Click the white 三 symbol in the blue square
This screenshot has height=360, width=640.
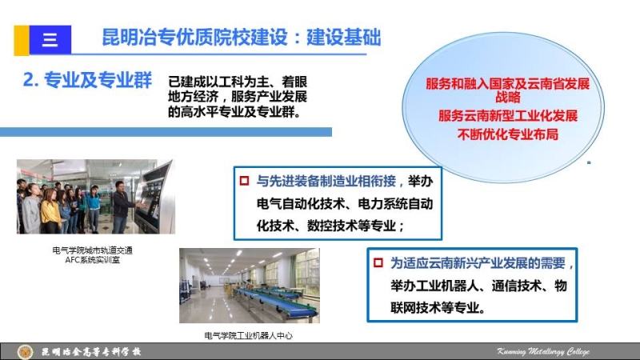pyautogui.click(x=50, y=39)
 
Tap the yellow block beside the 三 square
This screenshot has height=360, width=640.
pyautogui.click(x=22, y=40)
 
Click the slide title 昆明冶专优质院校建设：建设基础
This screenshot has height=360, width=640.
pyautogui.click(x=242, y=38)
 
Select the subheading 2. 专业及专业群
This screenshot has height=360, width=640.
pyautogui.click(x=87, y=79)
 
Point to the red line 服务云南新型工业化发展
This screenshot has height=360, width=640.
pyautogui.click(x=508, y=115)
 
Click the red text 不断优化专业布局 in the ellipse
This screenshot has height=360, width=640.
pyautogui.click(x=508, y=134)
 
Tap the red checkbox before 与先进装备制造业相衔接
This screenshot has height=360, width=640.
pyautogui.click(x=245, y=181)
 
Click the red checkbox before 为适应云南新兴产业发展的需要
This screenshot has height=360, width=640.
pyautogui.click(x=378, y=262)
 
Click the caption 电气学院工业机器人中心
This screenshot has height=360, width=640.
pyautogui.click(x=249, y=335)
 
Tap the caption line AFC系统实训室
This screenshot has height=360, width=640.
pyautogui.click(x=92, y=260)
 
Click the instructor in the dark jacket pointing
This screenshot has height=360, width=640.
pyautogui.click(x=122, y=206)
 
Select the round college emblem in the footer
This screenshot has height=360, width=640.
pyautogui.click(x=25, y=352)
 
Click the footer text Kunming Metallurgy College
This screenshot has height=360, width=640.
pyautogui.click(x=543, y=351)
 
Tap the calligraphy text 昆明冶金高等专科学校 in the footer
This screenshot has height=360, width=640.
pyautogui.click(x=91, y=352)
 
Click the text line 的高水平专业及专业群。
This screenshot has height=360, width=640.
pyautogui.click(x=234, y=111)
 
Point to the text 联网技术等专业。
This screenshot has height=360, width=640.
pyautogui.click(x=438, y=307)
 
